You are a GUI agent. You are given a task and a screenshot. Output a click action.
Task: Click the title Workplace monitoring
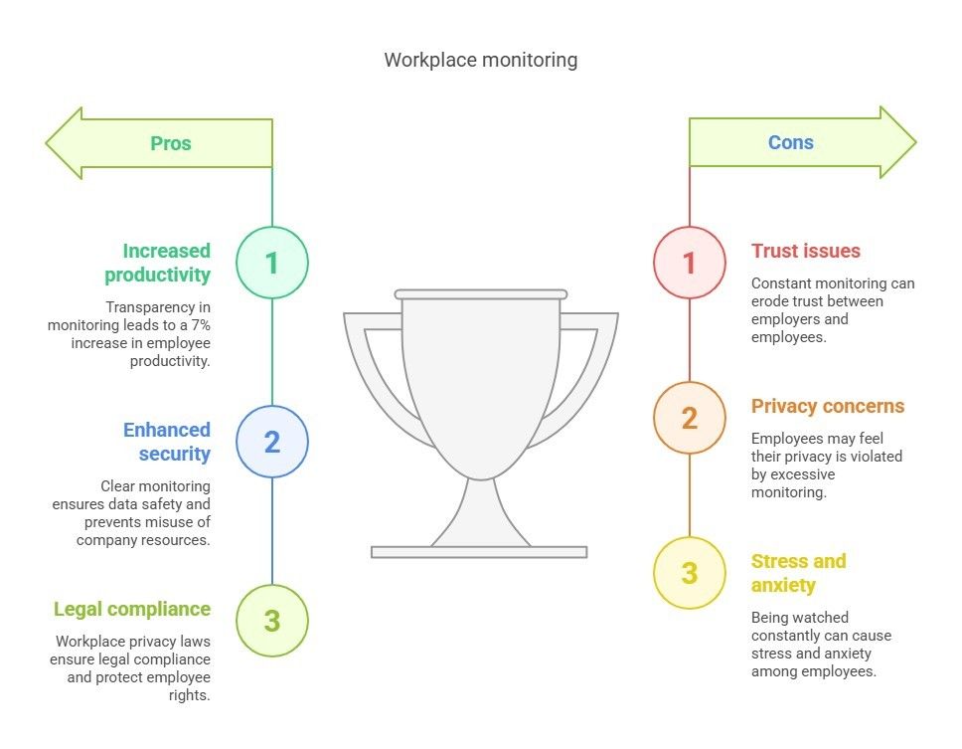tap(480, 60)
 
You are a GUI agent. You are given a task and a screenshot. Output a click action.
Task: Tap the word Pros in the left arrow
tap(170, 143)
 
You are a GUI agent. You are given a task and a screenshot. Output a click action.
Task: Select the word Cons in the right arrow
tap(790, 143)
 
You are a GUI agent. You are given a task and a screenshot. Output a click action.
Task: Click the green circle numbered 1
tap(271, 263)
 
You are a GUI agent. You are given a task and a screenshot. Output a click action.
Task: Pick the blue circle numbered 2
tap(271, 442)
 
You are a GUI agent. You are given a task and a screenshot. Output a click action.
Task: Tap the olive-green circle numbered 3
tap(271, 621)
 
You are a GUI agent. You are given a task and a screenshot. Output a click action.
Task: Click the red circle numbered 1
tap(689, 263)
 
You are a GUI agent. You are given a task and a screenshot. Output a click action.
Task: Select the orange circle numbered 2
tap(689, 418)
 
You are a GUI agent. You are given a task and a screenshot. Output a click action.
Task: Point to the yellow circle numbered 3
tap(689, 573)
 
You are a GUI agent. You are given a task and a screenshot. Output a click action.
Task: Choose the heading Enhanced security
tap(166, 442)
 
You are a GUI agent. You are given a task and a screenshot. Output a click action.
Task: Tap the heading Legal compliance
tap(132, 609)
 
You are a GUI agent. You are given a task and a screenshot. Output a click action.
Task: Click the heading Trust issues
tap(805, 251)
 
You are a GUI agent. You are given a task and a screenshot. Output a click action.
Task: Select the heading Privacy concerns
tap(827, 406)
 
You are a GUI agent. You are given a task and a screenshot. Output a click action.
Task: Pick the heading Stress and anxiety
tap(798, 573)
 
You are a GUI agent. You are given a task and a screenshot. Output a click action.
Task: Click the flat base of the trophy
tap(479, 552)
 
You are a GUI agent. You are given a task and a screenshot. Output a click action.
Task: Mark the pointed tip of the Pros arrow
tap(48, 143)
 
